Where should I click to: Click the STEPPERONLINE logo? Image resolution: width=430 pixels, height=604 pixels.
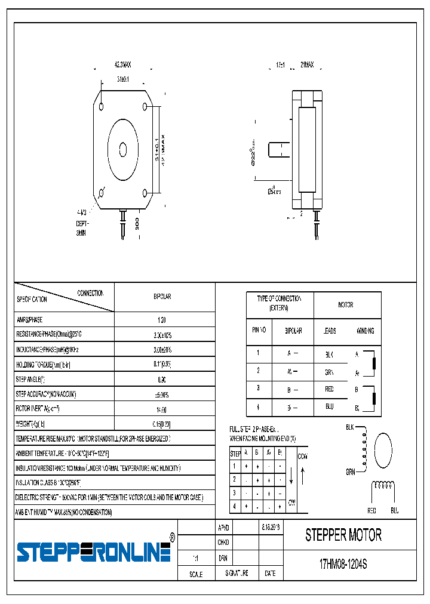click(94, 552)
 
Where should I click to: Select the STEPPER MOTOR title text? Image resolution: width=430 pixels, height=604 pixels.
click(343, 535)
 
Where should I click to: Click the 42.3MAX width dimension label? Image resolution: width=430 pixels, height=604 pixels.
click(122, 64)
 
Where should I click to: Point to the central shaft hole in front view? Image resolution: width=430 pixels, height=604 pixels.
click(123, 149)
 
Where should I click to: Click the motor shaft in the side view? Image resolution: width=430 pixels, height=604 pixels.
click(278, 150)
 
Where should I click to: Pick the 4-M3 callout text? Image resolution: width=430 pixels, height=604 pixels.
click(82, 212)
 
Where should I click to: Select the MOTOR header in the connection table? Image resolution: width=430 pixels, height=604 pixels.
click(345, 305)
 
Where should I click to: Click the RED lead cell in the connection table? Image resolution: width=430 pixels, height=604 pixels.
click(329, 389)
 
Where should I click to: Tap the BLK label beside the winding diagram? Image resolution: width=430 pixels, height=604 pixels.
click(350, 427)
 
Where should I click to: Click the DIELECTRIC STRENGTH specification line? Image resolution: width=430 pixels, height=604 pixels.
click(109, 497)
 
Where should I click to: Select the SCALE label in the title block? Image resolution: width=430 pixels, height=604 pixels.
click(195, 574)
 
